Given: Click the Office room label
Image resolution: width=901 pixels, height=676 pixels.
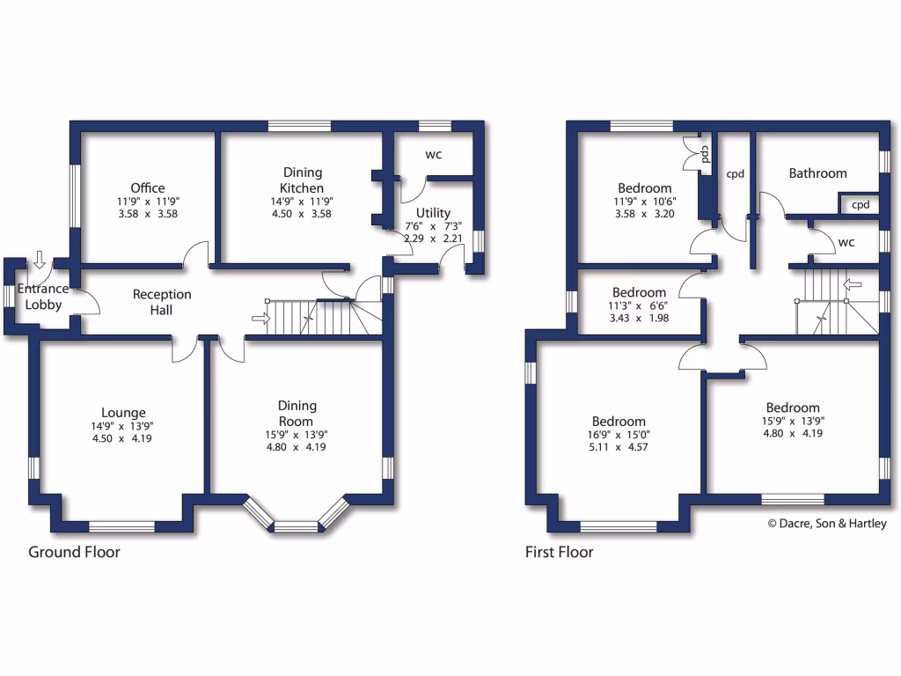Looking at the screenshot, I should click(x=148, y=188).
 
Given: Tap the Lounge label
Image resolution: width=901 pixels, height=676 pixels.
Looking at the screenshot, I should click(x=123, y=413).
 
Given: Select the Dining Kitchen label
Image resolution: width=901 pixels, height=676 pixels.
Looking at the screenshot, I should click(x=302, y=180).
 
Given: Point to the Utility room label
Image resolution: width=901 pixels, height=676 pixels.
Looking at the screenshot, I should click(x=433, y=213).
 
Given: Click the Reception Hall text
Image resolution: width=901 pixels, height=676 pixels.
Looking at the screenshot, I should click(x=162, y=302).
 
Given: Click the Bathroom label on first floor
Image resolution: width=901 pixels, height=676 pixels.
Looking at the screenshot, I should click(x=817, y=173).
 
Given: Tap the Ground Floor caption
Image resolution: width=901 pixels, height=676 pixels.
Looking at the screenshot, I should click(x=74, y=553).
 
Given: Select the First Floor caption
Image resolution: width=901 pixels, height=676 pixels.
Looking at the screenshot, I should click(x=559, y=553).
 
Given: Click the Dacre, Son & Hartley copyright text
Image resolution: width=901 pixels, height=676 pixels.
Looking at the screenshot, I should click(x=827, y=524).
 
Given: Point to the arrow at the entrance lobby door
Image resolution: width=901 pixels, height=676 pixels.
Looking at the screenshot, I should click(x=39, y=260).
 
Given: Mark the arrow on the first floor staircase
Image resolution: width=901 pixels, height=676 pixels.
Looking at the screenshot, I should click(x=851, y=284).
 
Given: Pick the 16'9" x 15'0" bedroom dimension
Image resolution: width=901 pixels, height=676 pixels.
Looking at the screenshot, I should click(x=619, y=435).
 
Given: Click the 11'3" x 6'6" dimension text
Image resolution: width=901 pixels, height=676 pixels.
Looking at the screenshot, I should click(x=640, y=305).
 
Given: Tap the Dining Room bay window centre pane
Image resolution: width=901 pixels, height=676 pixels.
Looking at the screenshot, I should click(x=296, y=526).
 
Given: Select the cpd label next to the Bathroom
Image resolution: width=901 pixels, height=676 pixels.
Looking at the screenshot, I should click(x=861, y=205).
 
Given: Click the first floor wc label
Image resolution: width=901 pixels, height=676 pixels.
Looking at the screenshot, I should click(x=846, y=241).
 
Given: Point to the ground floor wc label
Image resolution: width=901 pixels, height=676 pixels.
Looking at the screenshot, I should click(x=433, y=155).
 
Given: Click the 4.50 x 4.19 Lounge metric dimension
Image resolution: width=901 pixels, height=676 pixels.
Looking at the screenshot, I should click(x=123, y=438).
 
